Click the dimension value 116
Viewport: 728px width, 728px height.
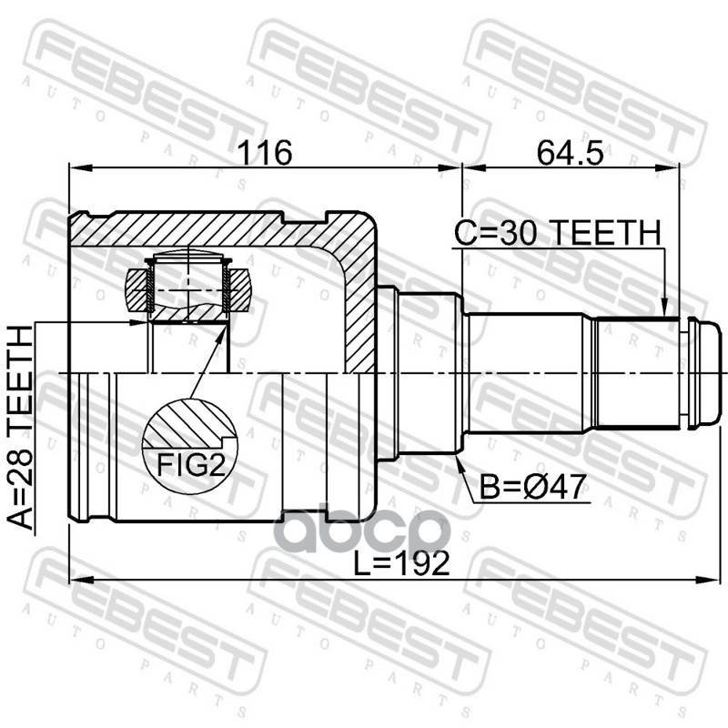coord(264,152)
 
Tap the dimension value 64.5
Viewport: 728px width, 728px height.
coord(571,152)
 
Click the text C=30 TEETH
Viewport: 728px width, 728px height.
coord(557,234)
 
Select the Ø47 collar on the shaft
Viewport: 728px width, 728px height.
coord(428,373)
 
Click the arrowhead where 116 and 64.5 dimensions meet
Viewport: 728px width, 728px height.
coord(462,167)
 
